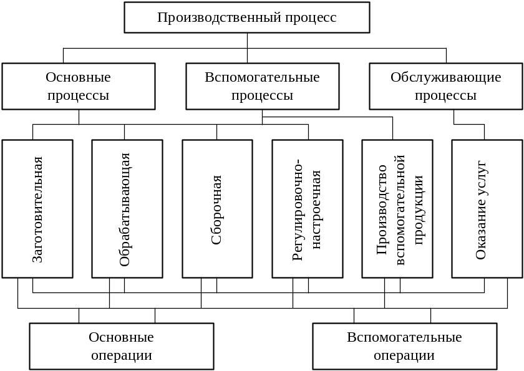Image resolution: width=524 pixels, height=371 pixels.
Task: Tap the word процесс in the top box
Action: (311, 17)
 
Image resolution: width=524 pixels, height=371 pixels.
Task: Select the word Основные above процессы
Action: (79, 78)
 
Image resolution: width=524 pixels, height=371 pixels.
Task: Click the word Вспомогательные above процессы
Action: (263, 78)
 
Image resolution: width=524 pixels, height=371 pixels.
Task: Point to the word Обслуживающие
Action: (446, 78)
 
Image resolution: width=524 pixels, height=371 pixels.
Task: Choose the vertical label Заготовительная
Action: (37, 209)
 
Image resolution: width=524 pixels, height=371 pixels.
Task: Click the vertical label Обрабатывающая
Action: (125, 209)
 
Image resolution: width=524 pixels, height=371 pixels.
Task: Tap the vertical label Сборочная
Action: (216, 209)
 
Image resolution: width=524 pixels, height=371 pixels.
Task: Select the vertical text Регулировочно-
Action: (298, 209)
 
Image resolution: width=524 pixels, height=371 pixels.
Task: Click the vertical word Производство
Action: (382, 209)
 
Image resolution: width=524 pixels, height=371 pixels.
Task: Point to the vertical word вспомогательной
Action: (400, 209)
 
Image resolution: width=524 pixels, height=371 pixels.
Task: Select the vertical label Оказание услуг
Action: (482, 209)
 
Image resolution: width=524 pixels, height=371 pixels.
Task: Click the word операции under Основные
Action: (122, 355)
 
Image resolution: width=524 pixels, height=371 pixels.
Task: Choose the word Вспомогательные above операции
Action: (405, 337)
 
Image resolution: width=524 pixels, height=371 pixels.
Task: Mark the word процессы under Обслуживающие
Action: (446, 95)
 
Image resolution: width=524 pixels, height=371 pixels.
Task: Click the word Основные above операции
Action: (122, 337)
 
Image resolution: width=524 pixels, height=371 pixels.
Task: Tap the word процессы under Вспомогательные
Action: (263, 95)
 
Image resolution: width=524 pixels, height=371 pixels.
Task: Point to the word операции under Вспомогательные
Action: (405, 355)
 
